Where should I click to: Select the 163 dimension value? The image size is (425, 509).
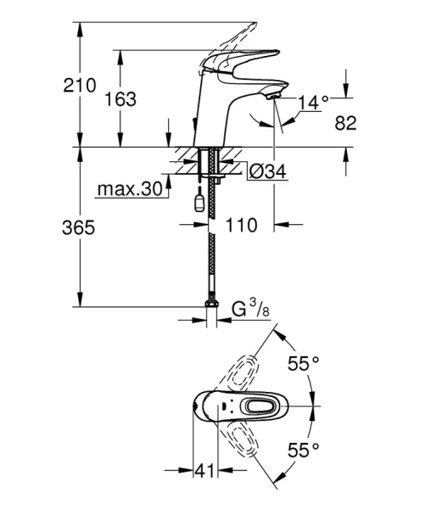[x=120, y=99]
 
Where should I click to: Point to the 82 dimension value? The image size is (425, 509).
[x=345, y=124]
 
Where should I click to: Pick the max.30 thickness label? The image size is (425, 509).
[x=128, y=188]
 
